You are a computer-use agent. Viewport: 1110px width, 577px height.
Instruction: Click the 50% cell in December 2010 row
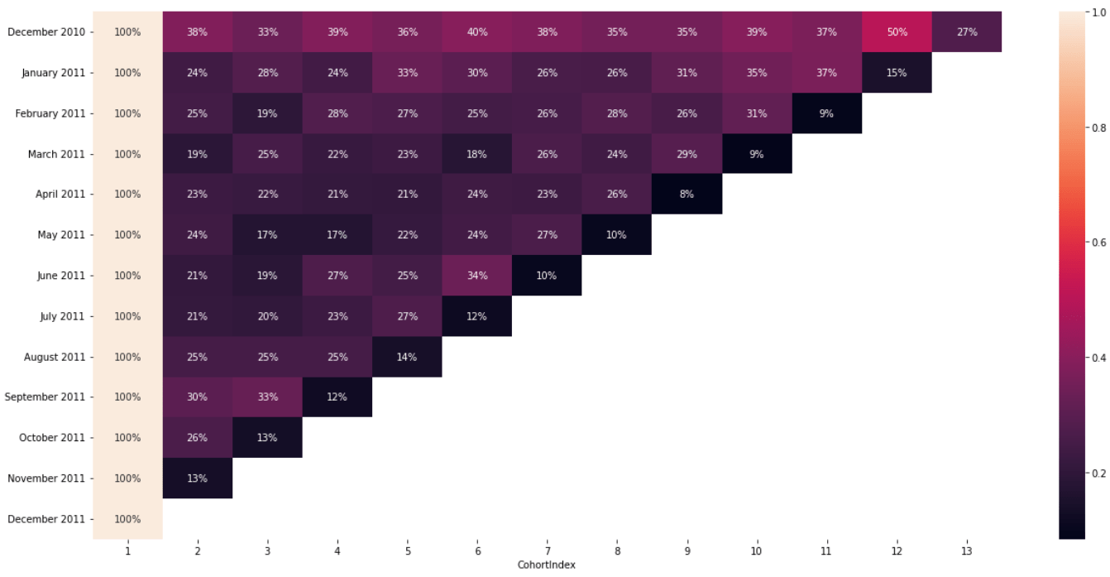point(897,32)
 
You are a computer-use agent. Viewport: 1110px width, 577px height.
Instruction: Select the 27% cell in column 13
point(966,32)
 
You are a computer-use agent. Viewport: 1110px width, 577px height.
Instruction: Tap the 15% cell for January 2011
point(897,73)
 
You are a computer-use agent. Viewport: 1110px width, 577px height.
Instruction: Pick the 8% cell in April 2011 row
point(687,195)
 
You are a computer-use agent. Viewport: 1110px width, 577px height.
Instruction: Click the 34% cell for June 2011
point(476,276)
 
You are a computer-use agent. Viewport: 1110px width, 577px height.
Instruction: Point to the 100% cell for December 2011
point(127,519)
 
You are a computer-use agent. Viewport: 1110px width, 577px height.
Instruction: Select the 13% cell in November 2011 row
point(197,478)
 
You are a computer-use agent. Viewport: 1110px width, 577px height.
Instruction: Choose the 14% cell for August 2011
point(407,357)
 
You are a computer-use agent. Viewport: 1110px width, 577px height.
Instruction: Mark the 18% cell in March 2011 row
point(476,154)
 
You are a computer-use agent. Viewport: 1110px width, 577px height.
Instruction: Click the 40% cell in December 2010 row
point(476,32)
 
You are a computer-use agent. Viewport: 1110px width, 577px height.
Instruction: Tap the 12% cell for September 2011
point(337,397)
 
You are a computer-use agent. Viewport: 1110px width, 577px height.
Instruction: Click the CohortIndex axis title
point(547,565)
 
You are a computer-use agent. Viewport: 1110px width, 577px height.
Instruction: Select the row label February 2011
point(50,113)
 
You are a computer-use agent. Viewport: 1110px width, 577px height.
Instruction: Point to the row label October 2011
point(51,438)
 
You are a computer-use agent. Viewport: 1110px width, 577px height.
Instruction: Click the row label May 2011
point(61,235)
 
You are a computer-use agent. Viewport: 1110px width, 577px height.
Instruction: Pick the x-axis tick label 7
point(547,550)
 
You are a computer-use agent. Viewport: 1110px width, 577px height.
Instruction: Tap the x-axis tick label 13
point(966,550)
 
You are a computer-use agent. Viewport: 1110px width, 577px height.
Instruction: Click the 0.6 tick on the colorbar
point(1097,243)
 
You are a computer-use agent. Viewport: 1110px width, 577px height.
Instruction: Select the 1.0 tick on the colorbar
point(1097,12)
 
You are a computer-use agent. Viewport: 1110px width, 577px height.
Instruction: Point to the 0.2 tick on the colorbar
point(1097,474)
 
